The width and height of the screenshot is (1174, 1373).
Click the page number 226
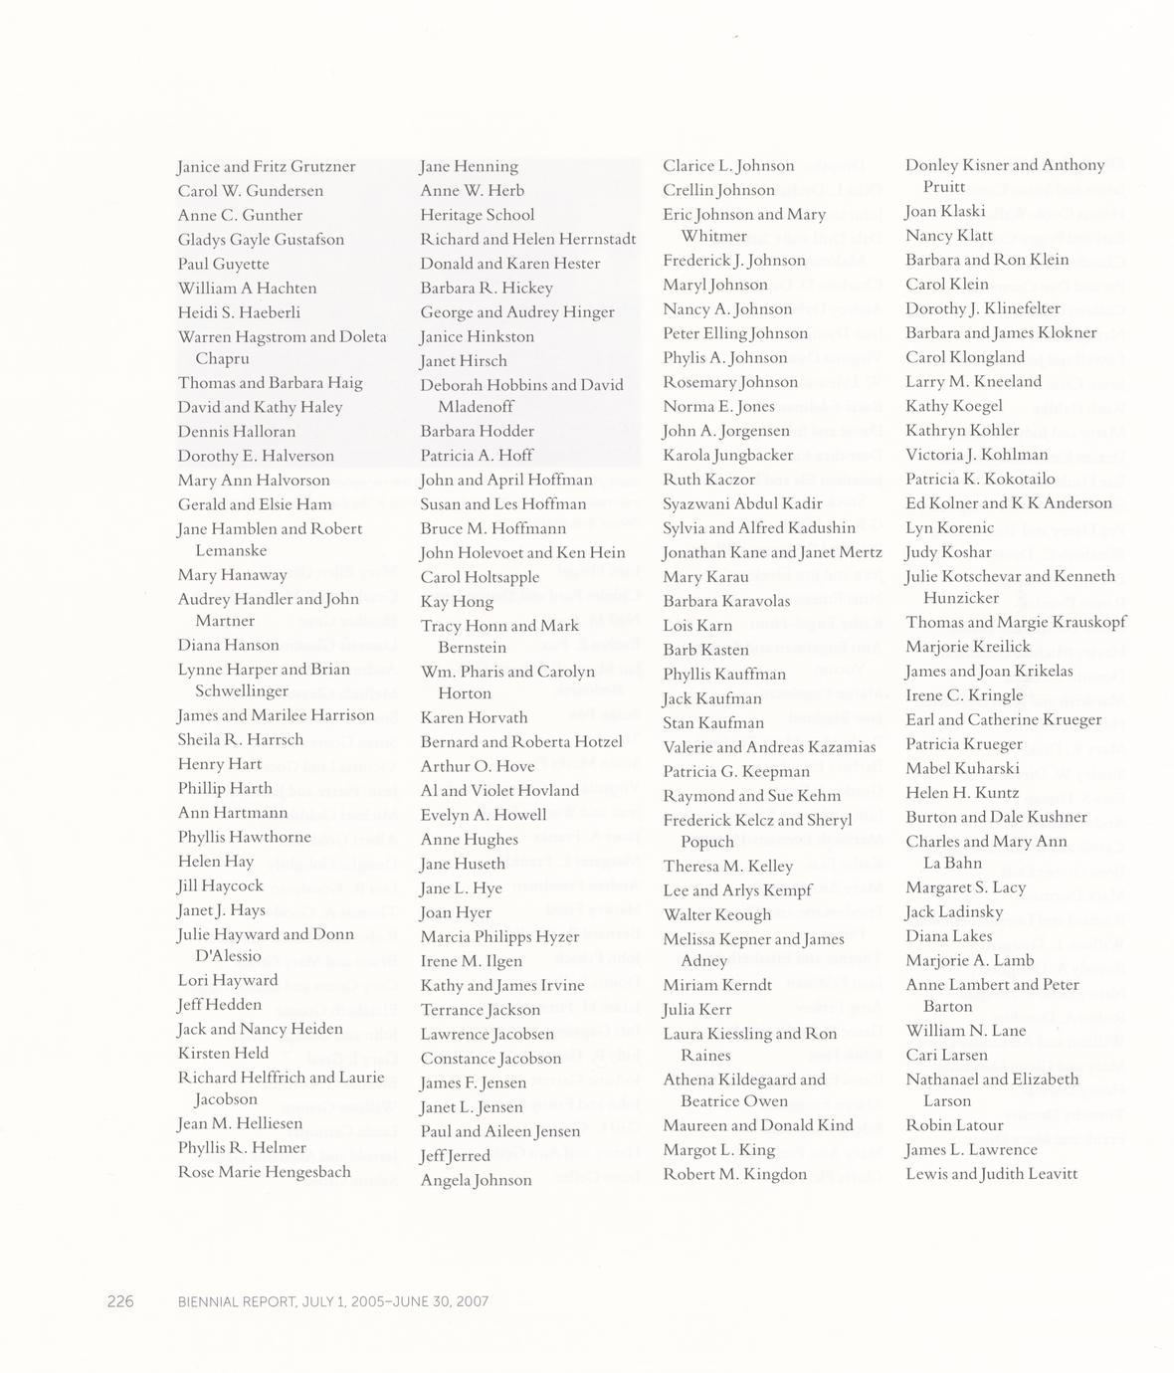pyautogui.click(x=120, y=1301)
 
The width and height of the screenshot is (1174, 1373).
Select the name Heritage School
pyautogui.click(x=477, y=215)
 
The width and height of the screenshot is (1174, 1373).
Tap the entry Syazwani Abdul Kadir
pyautogui.click(x=742, y=503)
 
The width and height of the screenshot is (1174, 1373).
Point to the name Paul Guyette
pyautogui.click(x=223, y=264)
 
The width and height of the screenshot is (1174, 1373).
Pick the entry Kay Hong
pyautogui.click(x=457, y=602)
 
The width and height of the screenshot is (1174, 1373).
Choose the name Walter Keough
pyautogui.click(x=716, y=915)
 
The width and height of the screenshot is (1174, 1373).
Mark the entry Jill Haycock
pyautogui.click(x=220, y=885)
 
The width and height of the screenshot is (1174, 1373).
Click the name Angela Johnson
pyautogui.click(x=476, y=1180)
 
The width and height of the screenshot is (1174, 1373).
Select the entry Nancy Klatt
pyautogui.click(x=948, y=236)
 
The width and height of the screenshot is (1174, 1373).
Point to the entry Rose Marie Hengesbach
pyautogui.click(x=264, y=1172)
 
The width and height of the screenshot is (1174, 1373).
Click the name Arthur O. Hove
pyautogui.click(x=477, y=766)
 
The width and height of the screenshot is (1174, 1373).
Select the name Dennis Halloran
pyautogui.click(x=236, y=432)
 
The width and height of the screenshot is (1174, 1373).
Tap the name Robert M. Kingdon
pyautogui.click(x=734, y=1174)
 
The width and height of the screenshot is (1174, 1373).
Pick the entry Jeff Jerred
pyautogui.click(x=455, y=1156)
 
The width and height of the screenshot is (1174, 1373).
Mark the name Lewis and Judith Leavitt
pyautogui.click(x=991, y=1174)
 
